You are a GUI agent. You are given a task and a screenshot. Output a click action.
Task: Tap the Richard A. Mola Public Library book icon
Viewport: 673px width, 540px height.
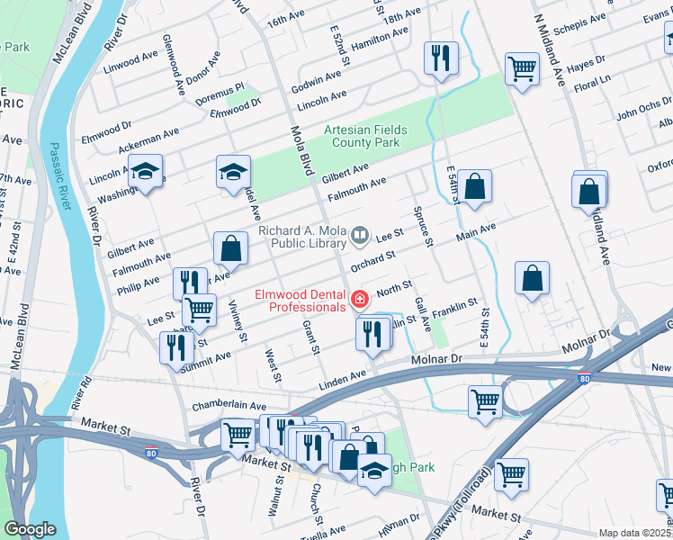[360, 236]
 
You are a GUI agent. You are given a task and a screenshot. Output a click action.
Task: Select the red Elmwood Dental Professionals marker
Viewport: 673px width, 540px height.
[360, 299]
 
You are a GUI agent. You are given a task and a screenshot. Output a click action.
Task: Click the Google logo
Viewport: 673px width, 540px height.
[30, 529]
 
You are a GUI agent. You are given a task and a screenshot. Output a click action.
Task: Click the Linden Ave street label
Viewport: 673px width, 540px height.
[345, 374]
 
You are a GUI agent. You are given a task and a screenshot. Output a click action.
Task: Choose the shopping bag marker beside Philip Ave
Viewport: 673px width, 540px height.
[230, 248]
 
